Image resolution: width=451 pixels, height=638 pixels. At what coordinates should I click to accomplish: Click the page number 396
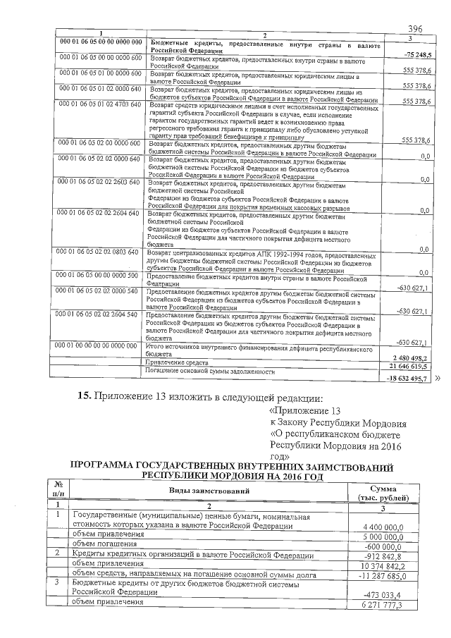tap(414, 30)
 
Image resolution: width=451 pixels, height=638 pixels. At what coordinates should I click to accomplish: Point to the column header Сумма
tap(387, 486)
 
